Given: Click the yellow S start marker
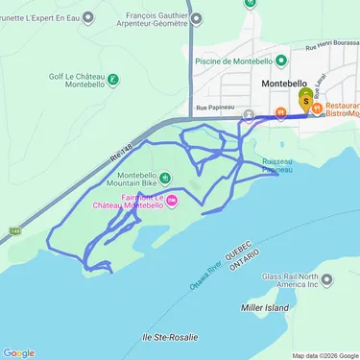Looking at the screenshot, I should pos(306,99).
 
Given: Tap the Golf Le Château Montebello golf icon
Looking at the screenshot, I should pos(113,80).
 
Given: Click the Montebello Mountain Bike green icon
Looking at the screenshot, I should pos(164,176).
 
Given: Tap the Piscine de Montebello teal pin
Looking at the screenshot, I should pos(281,60).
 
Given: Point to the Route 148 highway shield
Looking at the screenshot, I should pos(15,231).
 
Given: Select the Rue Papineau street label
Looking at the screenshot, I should pos(213,108).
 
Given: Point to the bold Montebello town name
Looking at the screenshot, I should pos(283,84).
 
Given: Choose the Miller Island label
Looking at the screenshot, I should pos(263,307).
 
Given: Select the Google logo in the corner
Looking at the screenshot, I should pos(18,352).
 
